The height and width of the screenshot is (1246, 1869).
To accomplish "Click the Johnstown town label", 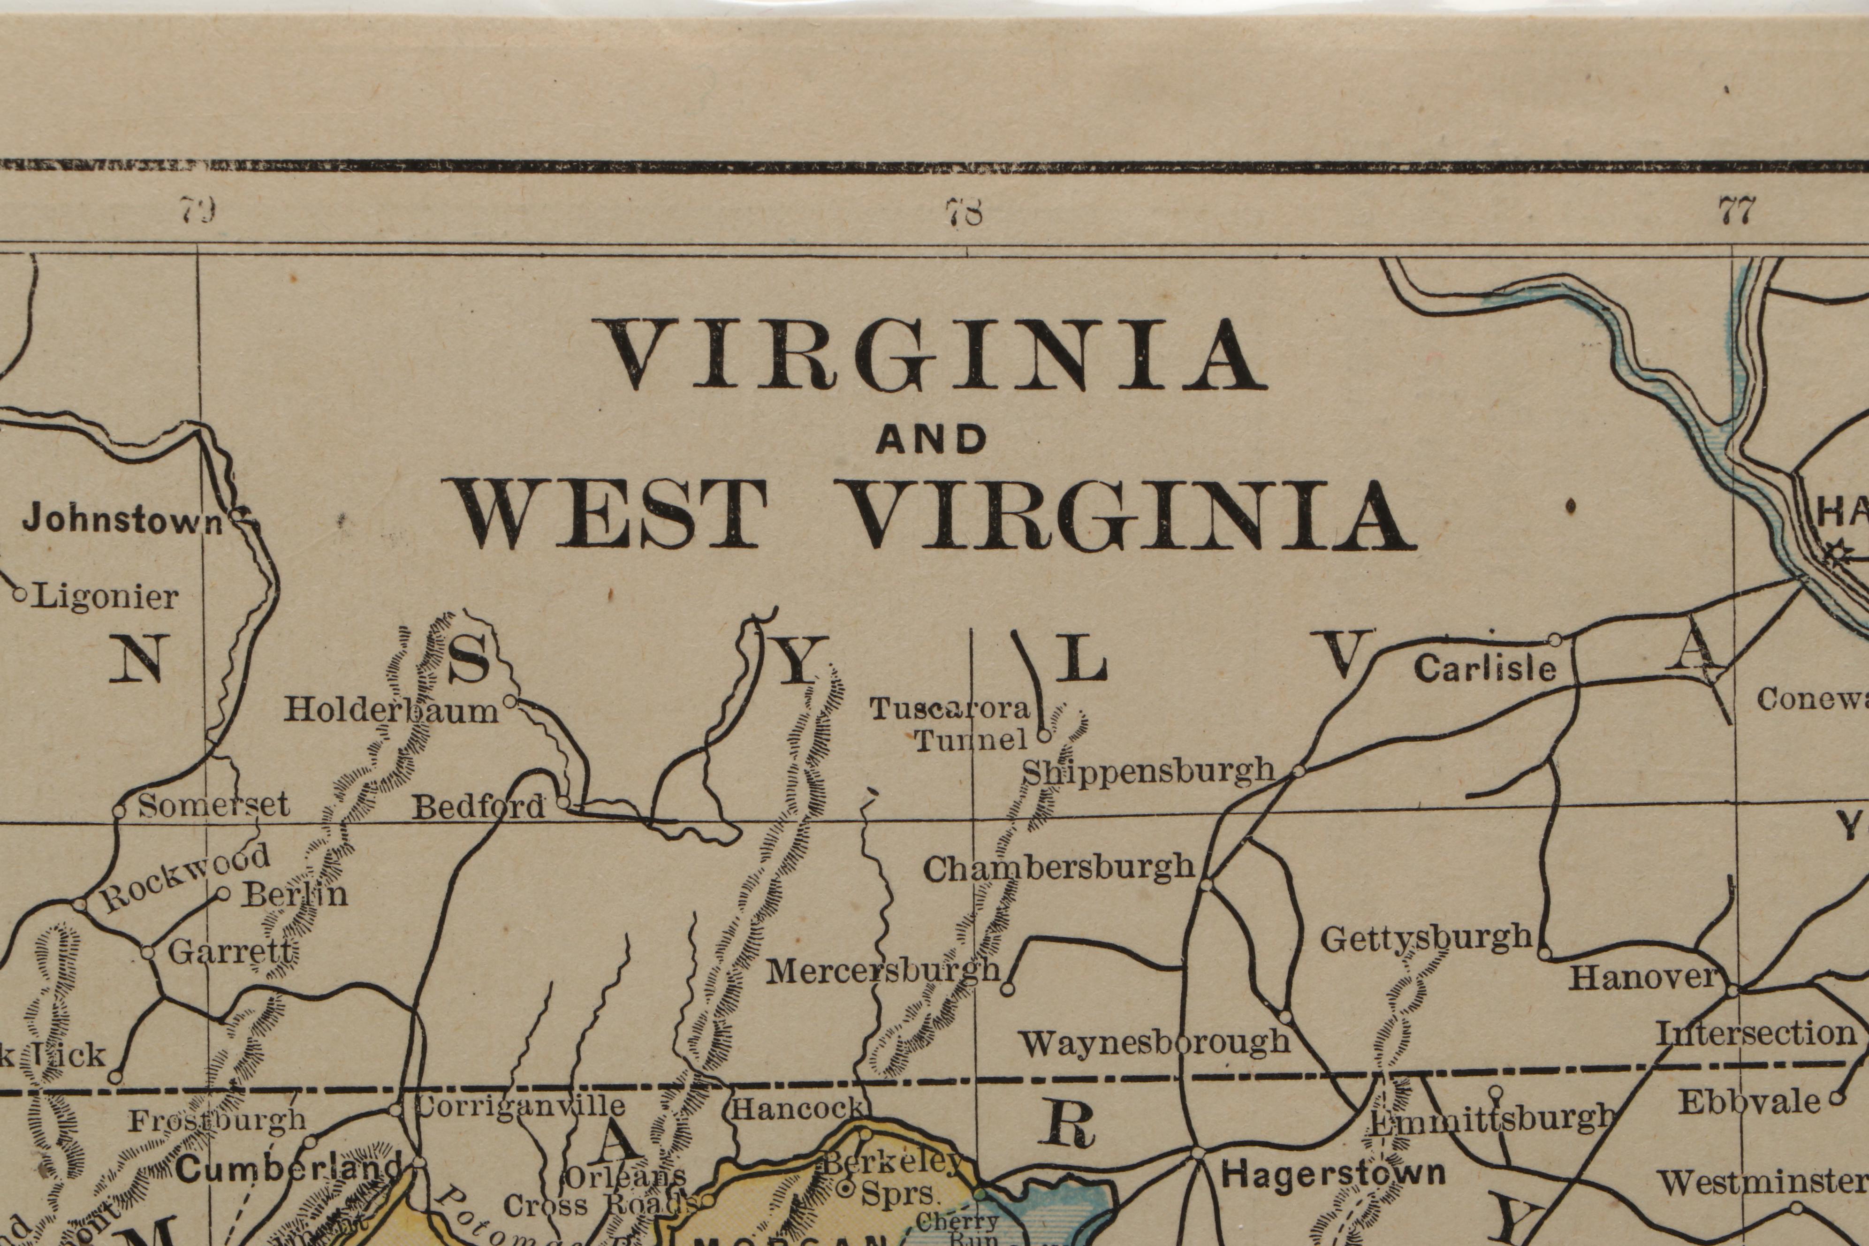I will click(x=123, y=520).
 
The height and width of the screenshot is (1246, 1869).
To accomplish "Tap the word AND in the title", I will click(x=931, y=440).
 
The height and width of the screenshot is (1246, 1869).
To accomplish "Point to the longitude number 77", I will click(x=1736, y=212).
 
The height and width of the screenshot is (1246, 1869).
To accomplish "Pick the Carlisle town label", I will click(x=1484, y=669).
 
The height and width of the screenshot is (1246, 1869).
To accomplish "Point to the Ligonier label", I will click(x=105, y=597).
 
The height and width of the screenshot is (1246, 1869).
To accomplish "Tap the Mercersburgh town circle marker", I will click(x=1007, y=989).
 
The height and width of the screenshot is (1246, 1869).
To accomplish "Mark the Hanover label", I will click(x=1642, y=977).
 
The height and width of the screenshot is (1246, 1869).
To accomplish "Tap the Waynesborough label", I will click(x=1155, y=1042).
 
